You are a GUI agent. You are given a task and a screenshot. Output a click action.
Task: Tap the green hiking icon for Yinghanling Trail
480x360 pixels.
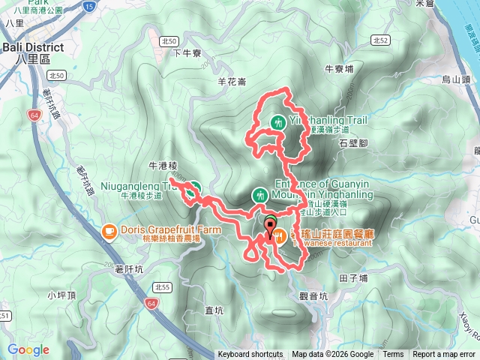pos(278,121)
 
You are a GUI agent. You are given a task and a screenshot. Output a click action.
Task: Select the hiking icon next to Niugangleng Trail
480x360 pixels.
pos(195,187)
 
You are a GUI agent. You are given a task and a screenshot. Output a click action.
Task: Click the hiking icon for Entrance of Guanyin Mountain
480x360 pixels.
pos(260,195)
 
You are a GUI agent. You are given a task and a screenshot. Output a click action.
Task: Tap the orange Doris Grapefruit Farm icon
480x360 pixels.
pos(109,229)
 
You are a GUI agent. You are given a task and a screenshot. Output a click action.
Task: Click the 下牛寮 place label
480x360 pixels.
pos(187,53)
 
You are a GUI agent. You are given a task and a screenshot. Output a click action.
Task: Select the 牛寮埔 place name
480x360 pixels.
pos(338,68)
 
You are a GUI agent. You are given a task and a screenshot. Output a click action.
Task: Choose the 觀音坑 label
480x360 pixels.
pos(313,296)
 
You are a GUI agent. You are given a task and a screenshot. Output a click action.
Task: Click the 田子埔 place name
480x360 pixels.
pos(353,278)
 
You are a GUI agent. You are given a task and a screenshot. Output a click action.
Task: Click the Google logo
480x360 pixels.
pos(28,350)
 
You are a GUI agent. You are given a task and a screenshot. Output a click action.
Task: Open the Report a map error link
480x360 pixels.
pos(443,355)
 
